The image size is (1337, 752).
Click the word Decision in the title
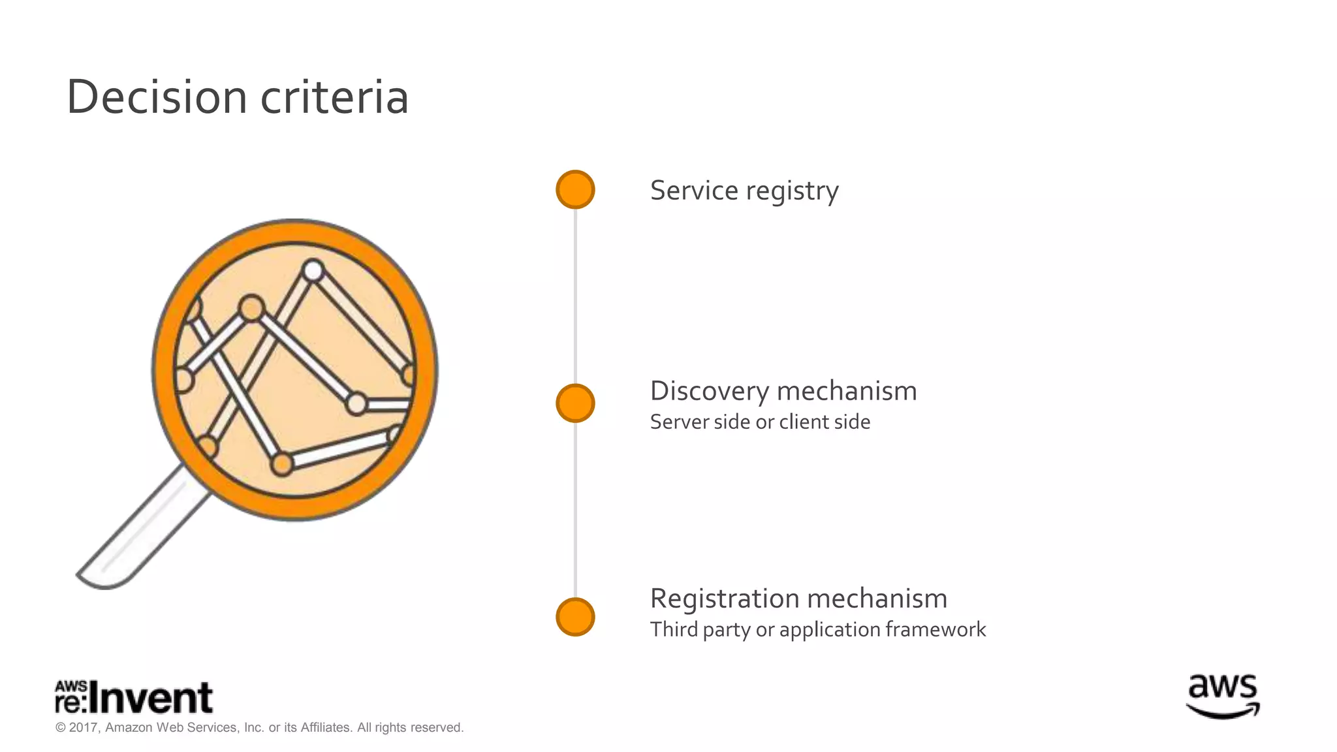point(157,97)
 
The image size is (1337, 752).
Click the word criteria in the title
point(334,97)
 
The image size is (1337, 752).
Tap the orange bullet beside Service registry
point(575,190)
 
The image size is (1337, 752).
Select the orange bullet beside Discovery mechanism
point(575,403)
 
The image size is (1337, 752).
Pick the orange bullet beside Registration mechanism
point(575,617)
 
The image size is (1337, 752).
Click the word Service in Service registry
point(693,191)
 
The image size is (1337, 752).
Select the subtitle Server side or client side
point(760,422)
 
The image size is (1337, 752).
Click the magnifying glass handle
point(140,532)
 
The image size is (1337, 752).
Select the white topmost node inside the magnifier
point(314,270)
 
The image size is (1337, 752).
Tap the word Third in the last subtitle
point(674,629)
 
